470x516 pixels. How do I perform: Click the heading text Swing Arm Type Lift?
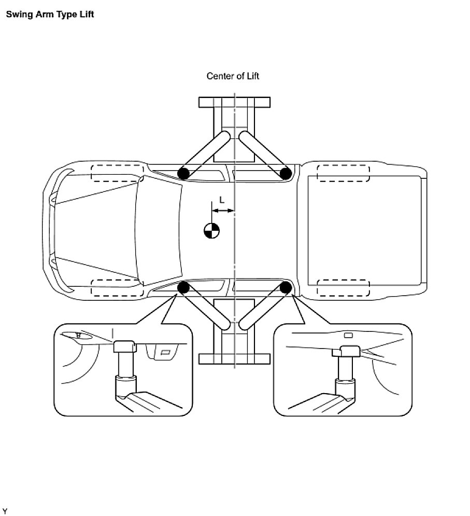[50, 14]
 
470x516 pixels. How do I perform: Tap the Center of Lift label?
[233, 76]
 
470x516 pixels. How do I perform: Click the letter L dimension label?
[222, 200]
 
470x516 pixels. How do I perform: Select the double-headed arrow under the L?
[223, 211]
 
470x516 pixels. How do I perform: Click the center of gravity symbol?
[211, 230]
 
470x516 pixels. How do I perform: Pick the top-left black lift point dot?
[183, 173]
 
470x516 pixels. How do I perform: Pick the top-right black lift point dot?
[285, 173]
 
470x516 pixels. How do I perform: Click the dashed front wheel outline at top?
[117, 173]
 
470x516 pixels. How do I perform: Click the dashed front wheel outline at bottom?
[117, 287]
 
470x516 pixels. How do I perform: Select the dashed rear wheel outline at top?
[343, 173]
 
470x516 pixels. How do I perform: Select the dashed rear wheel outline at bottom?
[343, 287]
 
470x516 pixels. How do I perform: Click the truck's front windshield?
[158, 230]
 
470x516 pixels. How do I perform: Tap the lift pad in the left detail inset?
[124, 346]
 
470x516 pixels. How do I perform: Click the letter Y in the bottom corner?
[5, 511]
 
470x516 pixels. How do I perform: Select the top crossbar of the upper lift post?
[234, 102]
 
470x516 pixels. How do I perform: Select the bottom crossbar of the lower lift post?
[234, 359]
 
